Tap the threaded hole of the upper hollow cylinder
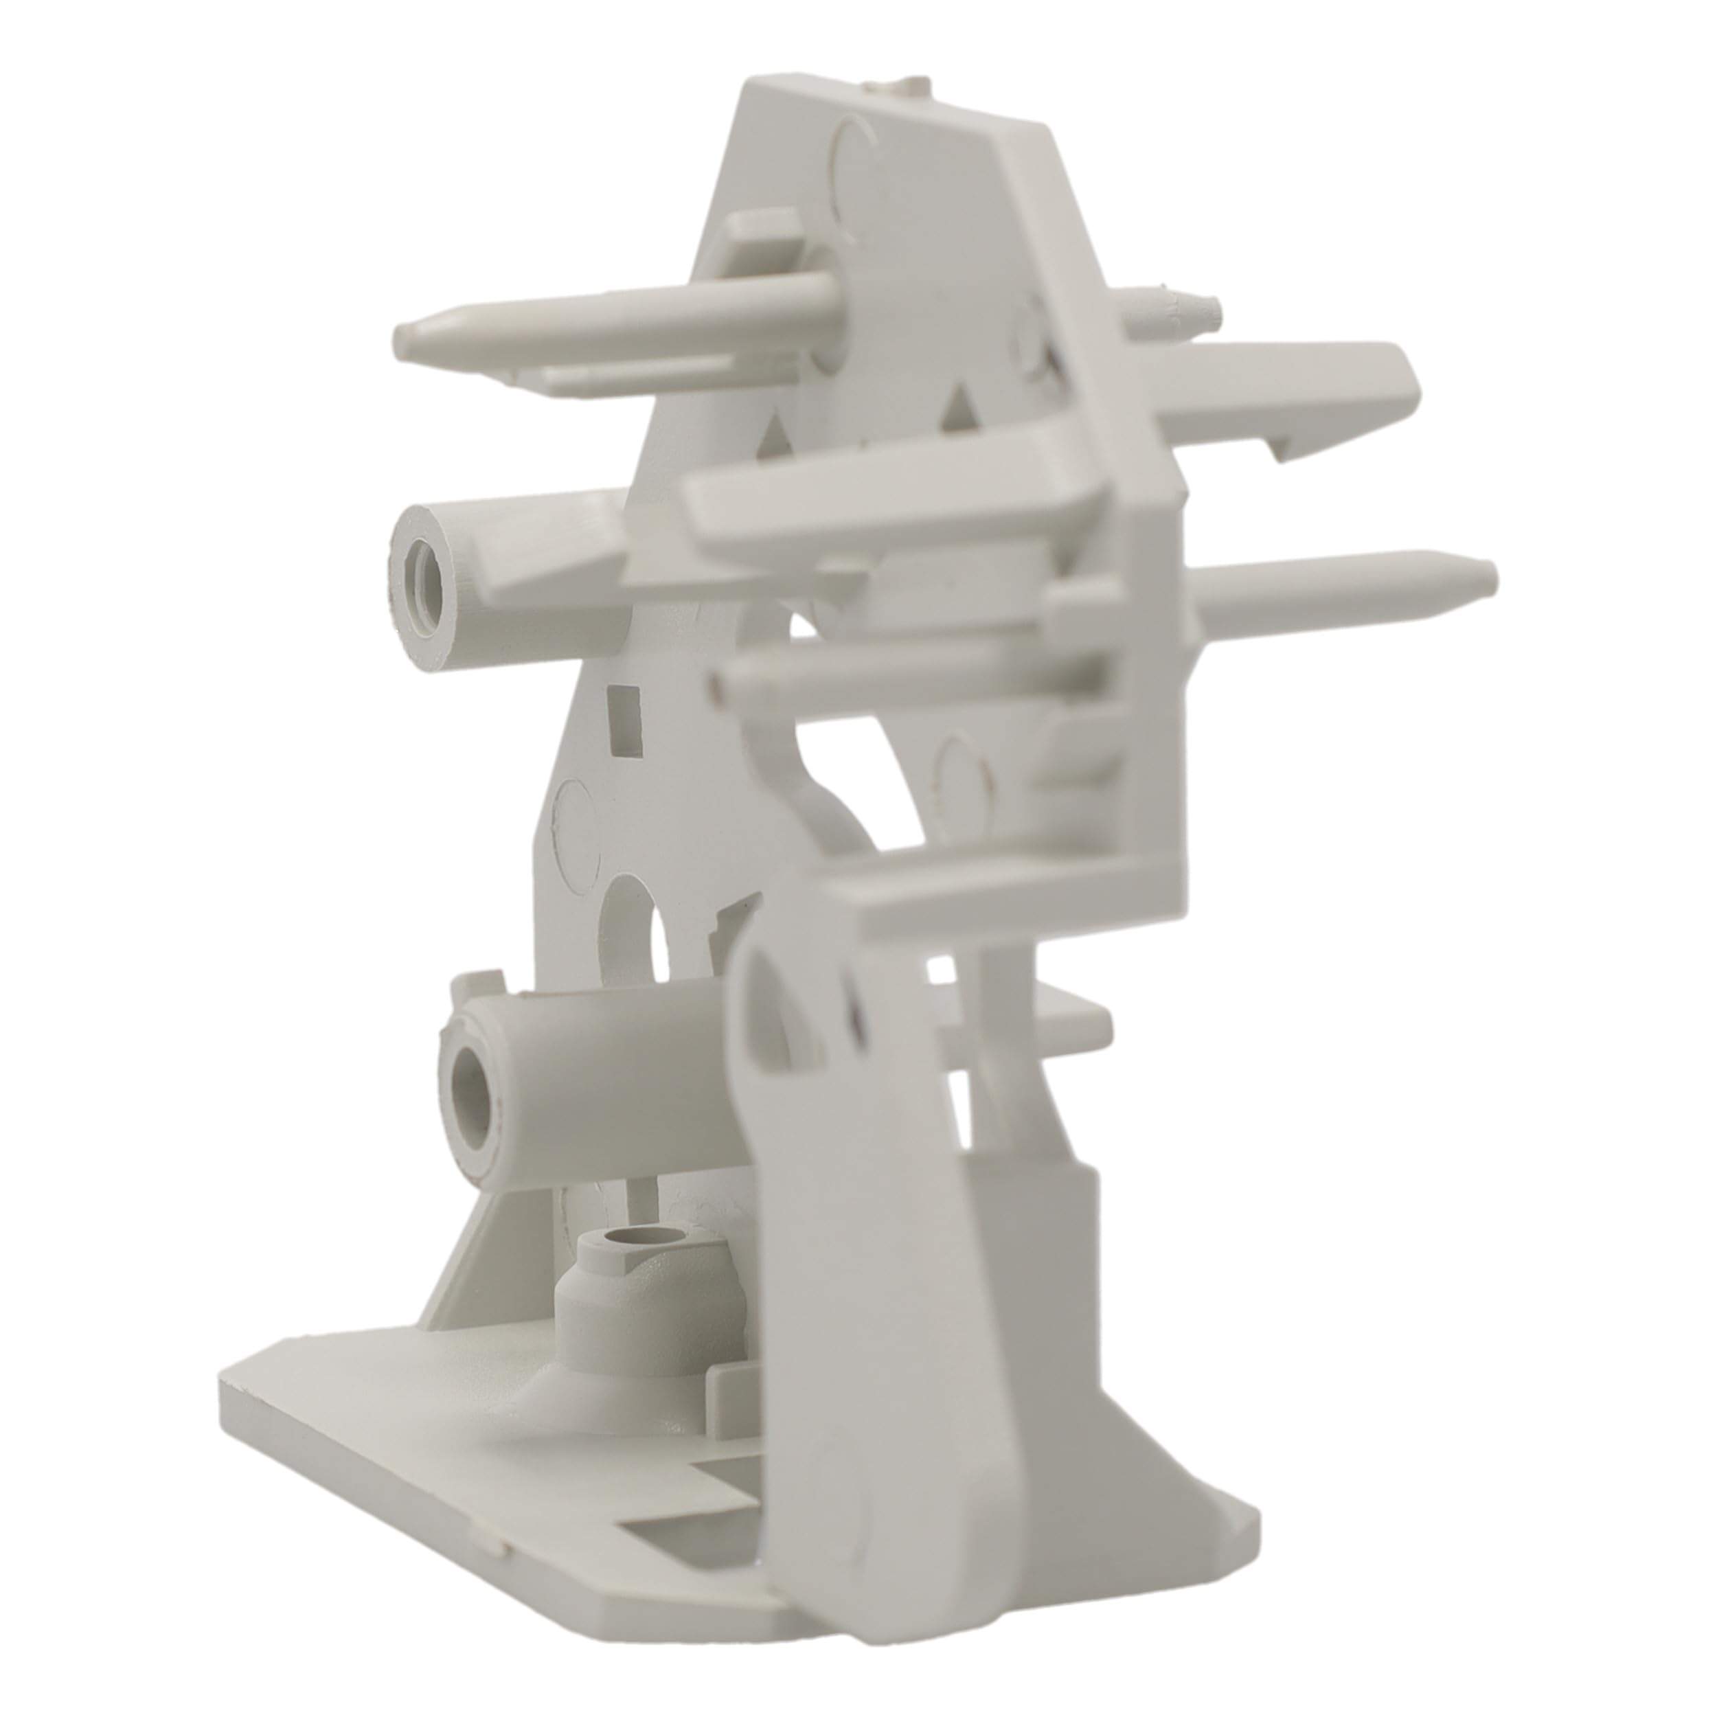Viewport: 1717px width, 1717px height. pos(420,562)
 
